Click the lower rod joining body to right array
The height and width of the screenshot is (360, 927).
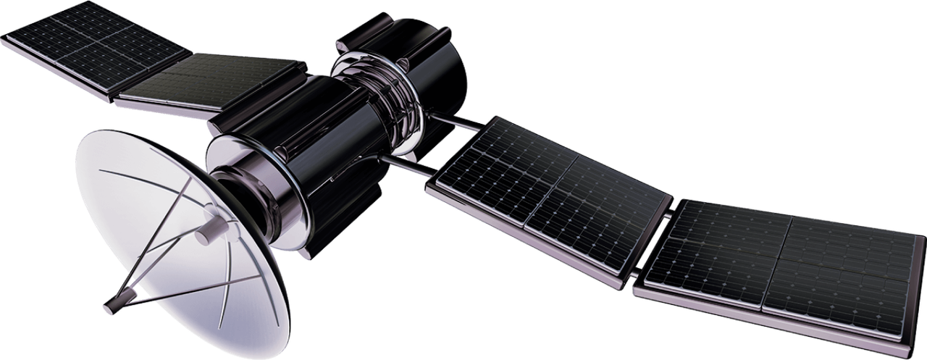[409, 166]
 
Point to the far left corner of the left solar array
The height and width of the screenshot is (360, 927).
[4, 40]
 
